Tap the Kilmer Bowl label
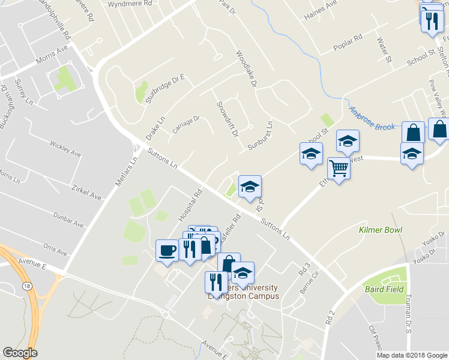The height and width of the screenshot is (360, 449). [x=381, y=230]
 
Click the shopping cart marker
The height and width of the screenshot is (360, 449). [x=339, y=169]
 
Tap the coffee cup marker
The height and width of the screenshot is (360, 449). [x=167, y=249]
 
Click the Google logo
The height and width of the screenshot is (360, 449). [x=20, y=352]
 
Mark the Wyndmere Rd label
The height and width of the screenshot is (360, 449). [x=129, y=4]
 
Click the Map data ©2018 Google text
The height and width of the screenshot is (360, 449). [x=412, y=355]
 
